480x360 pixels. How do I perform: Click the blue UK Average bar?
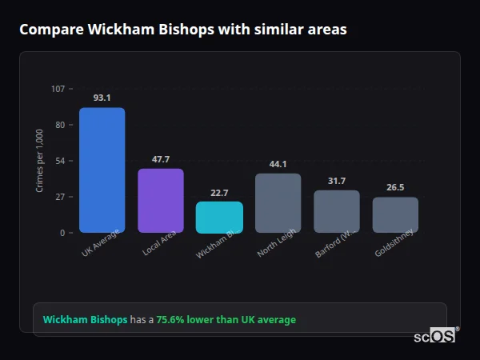click(102, 170)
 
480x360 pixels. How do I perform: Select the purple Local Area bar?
click(161, 201)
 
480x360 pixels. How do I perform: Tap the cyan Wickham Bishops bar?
click(219, 217)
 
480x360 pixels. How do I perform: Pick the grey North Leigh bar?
click(278, 203)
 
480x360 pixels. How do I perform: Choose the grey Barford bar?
click(337, 211)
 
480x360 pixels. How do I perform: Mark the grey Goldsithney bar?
click(395, 214)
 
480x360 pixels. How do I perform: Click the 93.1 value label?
click(102, 98)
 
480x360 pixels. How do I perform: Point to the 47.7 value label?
click(161, 159)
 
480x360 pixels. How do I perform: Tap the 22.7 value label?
click(219, 193)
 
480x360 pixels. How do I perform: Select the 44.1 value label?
click(278, 164)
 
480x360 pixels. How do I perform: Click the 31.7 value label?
click(337, 181)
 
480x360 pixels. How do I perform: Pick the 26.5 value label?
click(395, 187)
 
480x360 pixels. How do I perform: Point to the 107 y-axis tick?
click(58, 88)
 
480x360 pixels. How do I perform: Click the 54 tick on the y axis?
click(60, 161)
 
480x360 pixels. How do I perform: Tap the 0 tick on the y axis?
click(62, 233)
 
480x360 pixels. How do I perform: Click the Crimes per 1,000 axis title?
click(39, 161)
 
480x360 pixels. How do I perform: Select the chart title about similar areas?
click(183, 30)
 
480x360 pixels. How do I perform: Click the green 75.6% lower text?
click(226, 320)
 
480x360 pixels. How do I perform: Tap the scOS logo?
click(434, 336)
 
